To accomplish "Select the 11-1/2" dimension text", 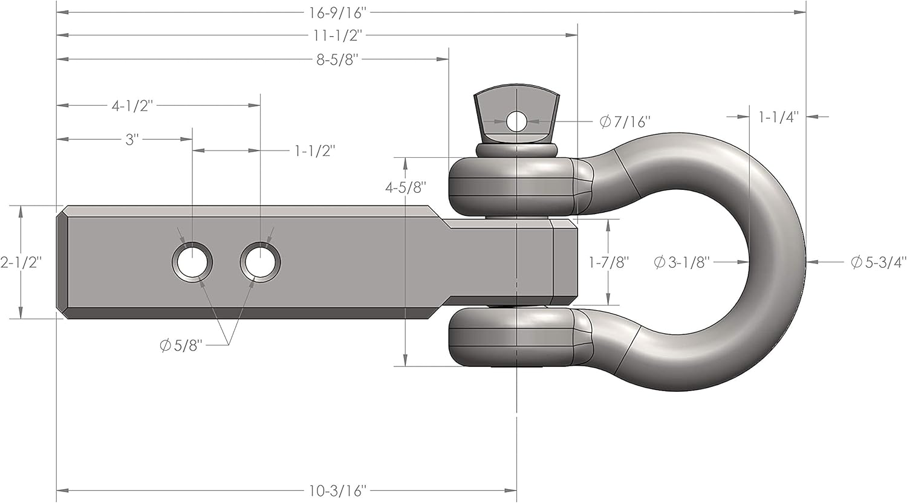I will [x=338, y=35].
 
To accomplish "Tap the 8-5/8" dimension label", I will [x=338, y=59].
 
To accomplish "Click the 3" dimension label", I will [x=132, y=139].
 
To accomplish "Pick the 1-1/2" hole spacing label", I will [x=314, y=151].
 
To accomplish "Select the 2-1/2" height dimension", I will [x=21, y=262].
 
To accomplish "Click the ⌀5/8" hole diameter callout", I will [x=180, y=346].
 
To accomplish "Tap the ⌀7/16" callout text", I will [x=625, y=122].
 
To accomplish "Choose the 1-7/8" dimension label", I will [x=610, y=262].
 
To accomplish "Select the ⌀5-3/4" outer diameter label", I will [x=879, y=262].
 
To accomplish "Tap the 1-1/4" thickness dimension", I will [x=779, y=117].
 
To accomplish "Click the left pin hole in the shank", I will [x=192, y=262].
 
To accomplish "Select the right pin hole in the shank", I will [x=260, y=262].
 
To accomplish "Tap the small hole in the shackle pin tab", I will [x=516, y=122].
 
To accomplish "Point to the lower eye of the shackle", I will [x=514, y=337].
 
